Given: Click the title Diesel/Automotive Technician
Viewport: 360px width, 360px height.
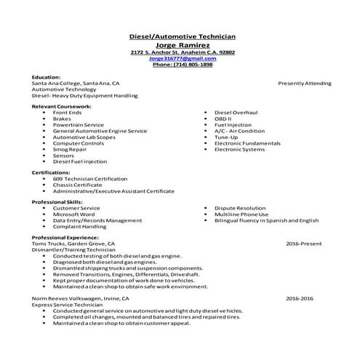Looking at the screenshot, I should pyautogui.click(x=183, y=36).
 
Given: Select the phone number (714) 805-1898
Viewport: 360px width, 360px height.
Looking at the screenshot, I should pyautogui.click(x=183, y=65).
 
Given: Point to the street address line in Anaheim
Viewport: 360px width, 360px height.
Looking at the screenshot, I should pyautogui.click(x=183, y=52).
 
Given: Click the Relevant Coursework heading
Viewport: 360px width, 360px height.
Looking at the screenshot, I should pyautogui.click(x=60, y=107).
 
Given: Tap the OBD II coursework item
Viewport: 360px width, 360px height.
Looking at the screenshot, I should pyautogui.click(x=223, y=119).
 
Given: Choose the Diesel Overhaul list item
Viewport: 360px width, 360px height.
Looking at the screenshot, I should pyautogui.click(x=236, y=113).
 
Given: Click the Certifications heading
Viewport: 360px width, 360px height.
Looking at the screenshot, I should pyautogui.click(x=51, y=172).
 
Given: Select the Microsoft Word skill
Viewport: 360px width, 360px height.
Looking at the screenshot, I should pyautogui.click(x=73, y=214).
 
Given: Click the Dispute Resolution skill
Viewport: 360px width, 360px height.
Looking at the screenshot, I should pyautogui.click(x=239, y=208).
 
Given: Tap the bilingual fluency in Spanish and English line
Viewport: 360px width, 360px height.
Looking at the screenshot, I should pyautogui.click(x=266, y=220).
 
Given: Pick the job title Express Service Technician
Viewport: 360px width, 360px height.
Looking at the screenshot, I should pyautogui.click(x=71, y=304).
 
